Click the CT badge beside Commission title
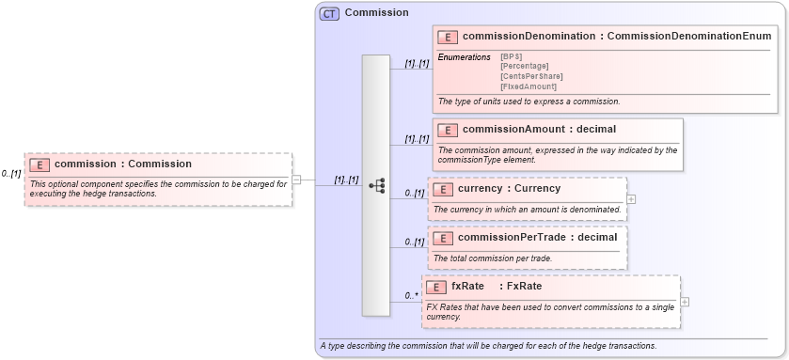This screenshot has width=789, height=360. pyautogui.click(x=329, y=13)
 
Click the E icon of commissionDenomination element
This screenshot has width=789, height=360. pyautogui.click(x=448, y=37)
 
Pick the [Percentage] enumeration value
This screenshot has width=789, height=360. pyautogui.click(x=525, y=67)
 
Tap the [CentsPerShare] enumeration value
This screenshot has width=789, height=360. pyautogui.click(x=531, y=76)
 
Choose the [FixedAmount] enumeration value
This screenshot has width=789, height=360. pyautogui.click(x=529, y=86)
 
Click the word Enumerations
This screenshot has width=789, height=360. pyautogui.click(x=464, y=57)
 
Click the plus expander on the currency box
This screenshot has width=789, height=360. pyautogui.click(x=631, y=199)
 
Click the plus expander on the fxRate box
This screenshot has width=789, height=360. pyautogui.click(x=685, y=302)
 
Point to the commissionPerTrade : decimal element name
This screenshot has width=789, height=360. pyautogui.click(x=537, y=237)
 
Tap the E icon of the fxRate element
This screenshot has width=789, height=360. pyautogui.click(x=436, y=287)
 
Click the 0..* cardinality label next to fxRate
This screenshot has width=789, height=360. pyautogui.click(x=412, y=296)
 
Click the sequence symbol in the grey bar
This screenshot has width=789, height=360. pyautogui.click(x=376, y=186)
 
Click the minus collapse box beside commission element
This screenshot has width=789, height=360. pyautogui.click(x=296, y=179)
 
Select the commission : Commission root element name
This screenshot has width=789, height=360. pyautogui.click(x=123, y=164)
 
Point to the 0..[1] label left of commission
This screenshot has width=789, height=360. pyautogui.click(x=11, y=174)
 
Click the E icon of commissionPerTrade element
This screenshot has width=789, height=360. pyautogui.click(x=442, y=238)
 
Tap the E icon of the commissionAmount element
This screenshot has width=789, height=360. pyautogui.click(x=448, y=130)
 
